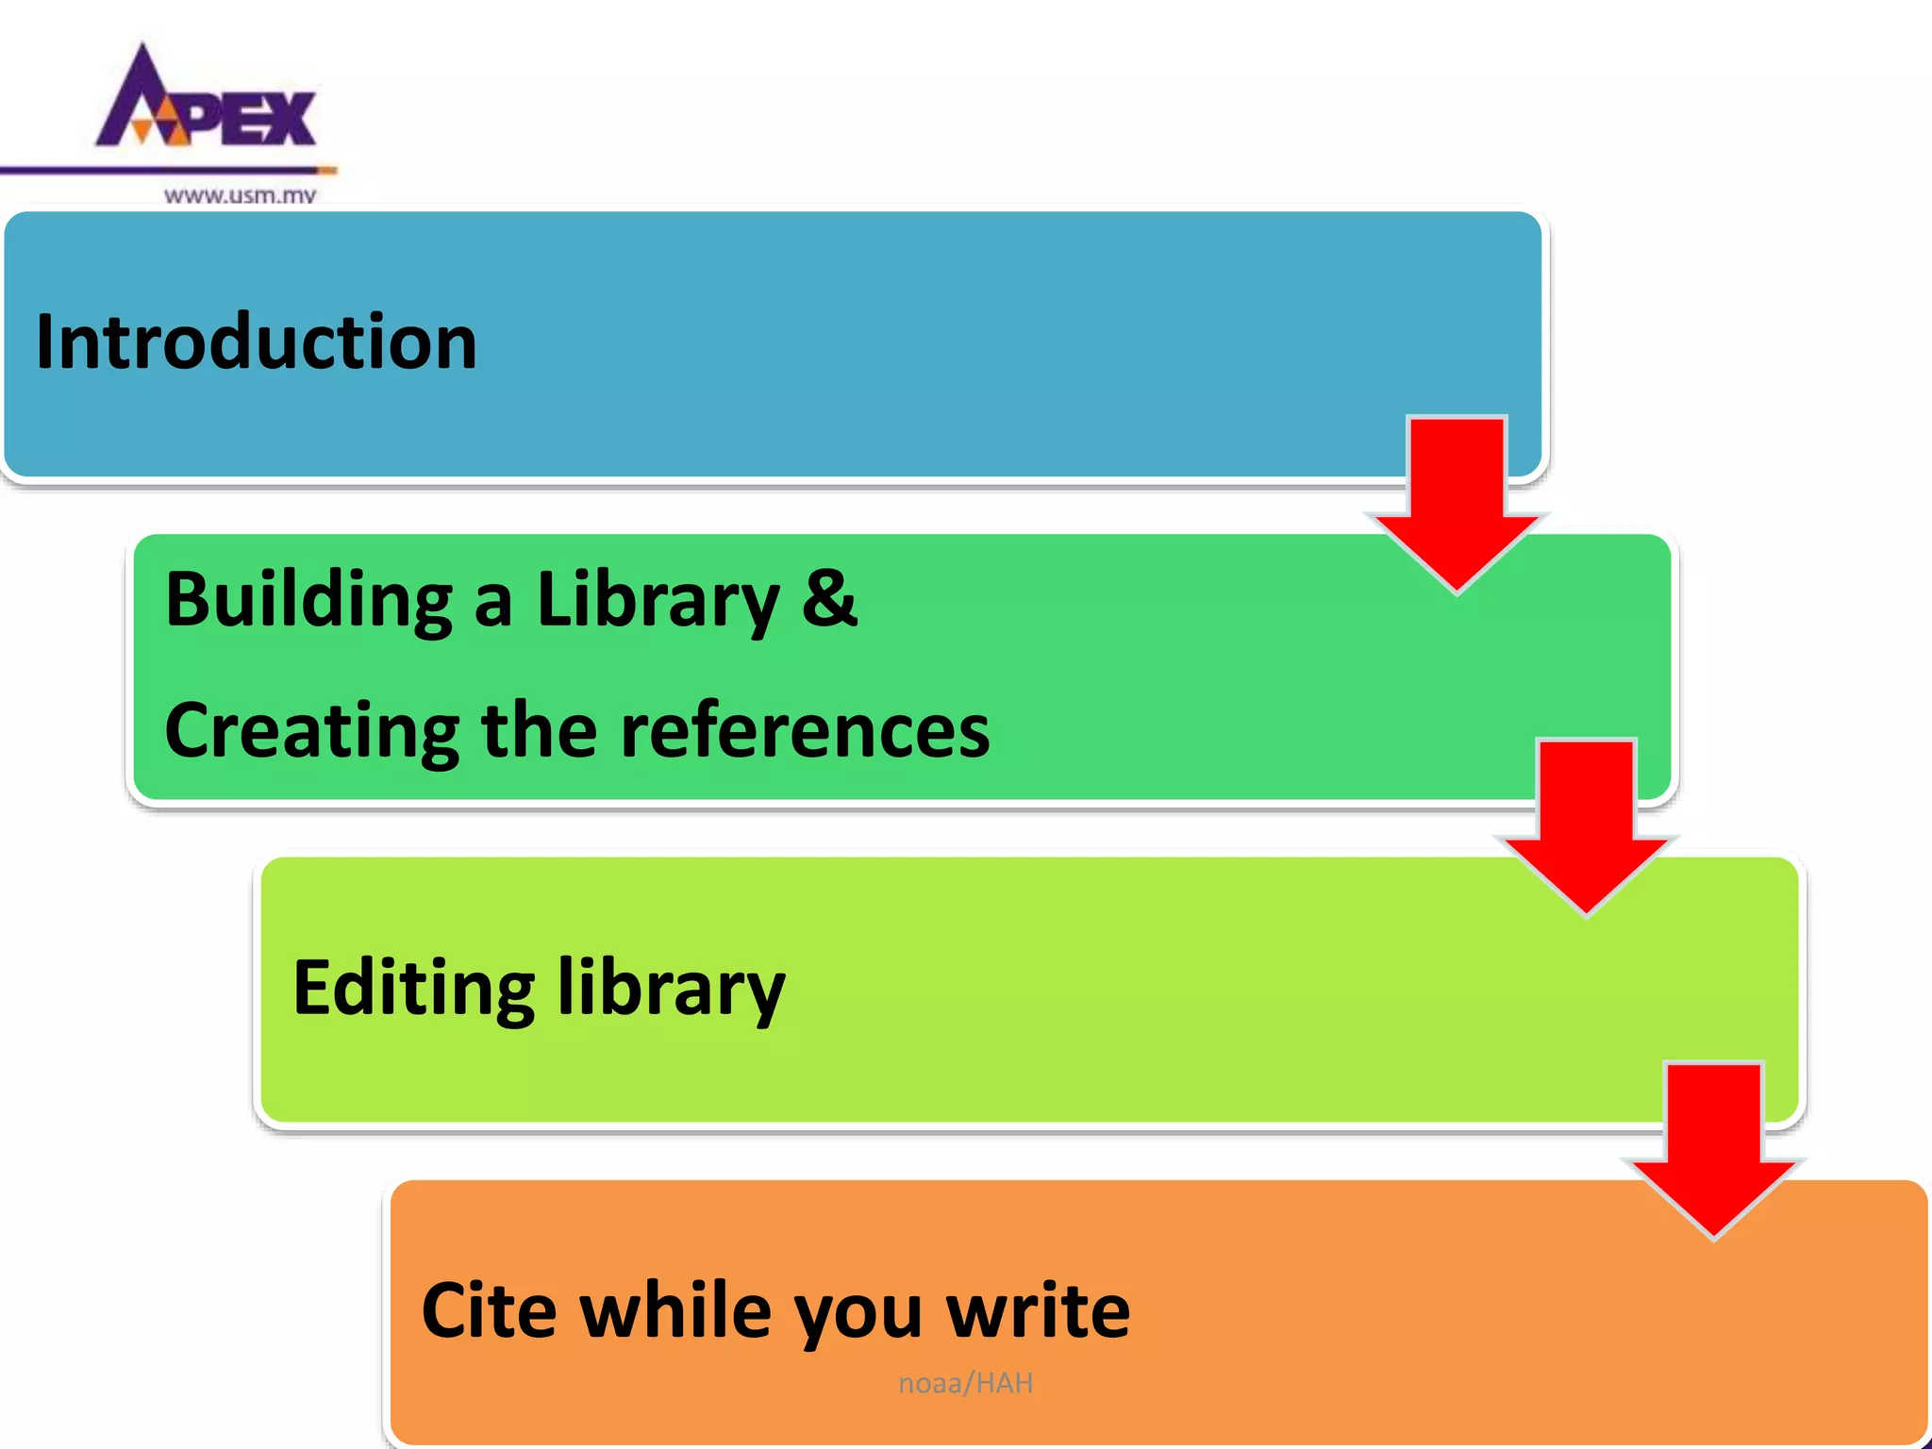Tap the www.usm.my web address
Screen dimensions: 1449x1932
[x=240, y=195]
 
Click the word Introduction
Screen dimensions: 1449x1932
[x=256, y=341]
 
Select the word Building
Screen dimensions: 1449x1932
[x=308, y=601]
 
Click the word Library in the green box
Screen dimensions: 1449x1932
[x=658, y=601]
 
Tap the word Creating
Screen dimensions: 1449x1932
[x=311, y=731]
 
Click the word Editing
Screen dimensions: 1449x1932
[x=413, y=989]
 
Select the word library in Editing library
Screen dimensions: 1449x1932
[x=671, y=989]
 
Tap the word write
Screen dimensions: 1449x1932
[x=1038, y=1311]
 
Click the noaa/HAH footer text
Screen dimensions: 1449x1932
[x=965, y=1383]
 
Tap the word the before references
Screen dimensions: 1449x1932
[x=539, y=731]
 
